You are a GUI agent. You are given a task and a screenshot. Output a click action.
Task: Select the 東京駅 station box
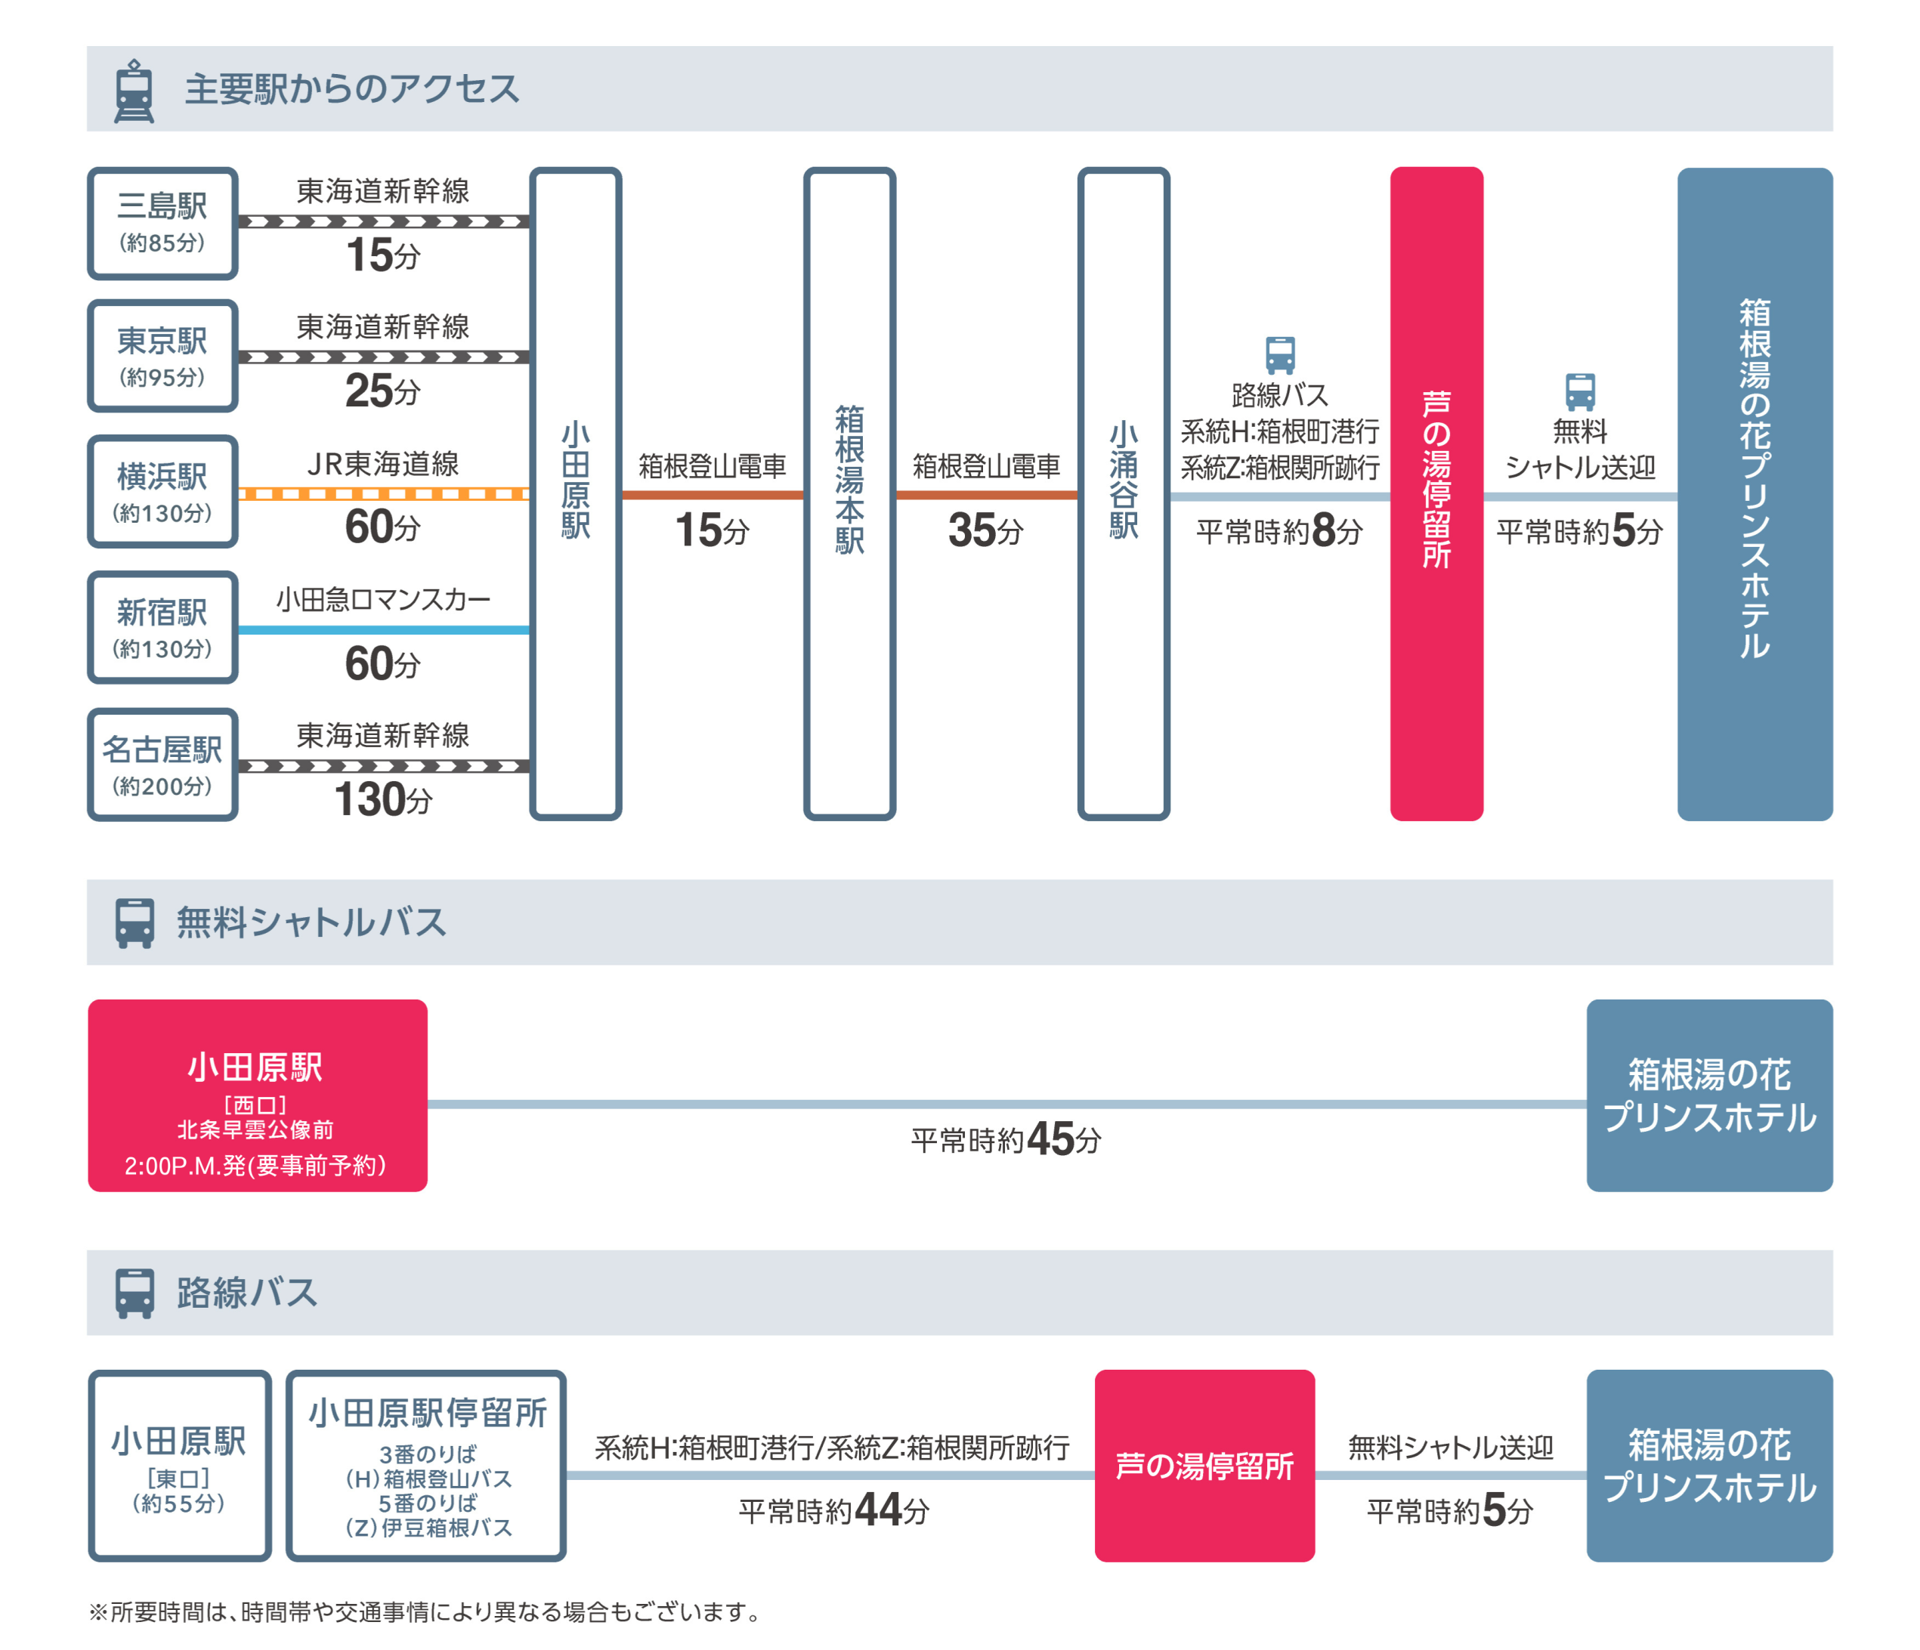[162, 356]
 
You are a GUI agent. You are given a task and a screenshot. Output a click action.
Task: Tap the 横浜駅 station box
[162, 491]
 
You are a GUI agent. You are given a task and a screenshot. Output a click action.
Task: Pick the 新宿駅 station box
[162, 627]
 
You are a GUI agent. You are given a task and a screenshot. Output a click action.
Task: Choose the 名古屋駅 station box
[162, 765]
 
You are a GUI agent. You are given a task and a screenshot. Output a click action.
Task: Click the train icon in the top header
[134, 91]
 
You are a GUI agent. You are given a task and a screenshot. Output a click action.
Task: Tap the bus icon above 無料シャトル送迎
[1580, 391]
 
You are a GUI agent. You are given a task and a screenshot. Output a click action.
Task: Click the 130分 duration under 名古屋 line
[382, 799]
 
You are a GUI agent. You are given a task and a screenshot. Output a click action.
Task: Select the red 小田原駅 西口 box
[258, 1095]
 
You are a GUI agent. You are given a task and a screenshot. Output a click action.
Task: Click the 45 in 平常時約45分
[1050, 1139]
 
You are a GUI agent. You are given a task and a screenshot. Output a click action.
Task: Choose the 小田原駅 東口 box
[180, 1466]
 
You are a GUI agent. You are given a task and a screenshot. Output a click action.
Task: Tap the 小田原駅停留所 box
[426, 1466]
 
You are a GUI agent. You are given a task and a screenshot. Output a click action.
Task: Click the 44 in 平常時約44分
[877, 1509]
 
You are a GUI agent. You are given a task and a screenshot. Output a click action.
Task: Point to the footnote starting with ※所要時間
[425, 1612]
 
